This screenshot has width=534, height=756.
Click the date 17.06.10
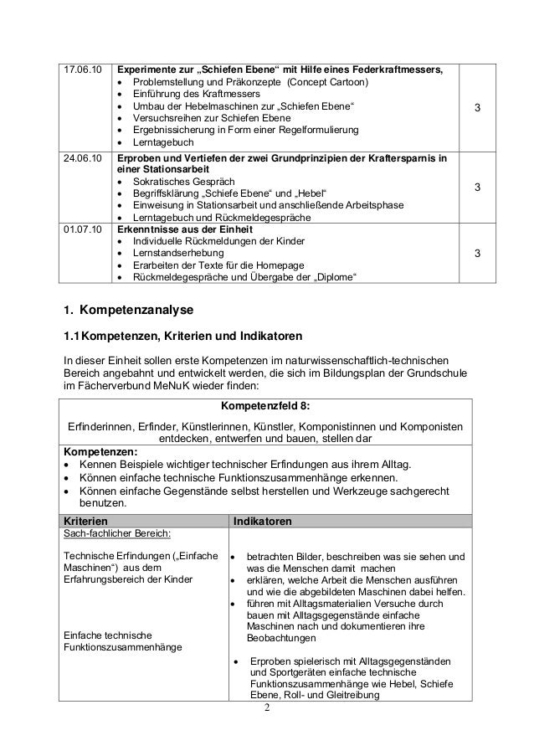[82, 68]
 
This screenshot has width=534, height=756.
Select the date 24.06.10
[82, 158]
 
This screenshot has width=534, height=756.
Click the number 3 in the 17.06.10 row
[476, 110]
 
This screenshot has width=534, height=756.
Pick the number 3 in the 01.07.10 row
[476, 252]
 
